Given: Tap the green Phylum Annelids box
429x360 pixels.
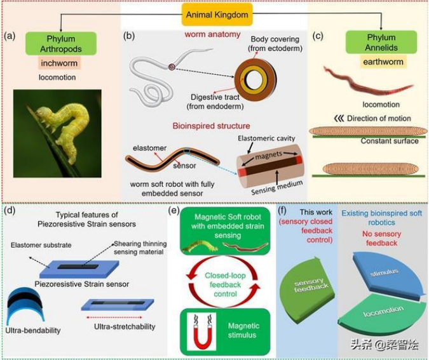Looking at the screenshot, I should [380, 43].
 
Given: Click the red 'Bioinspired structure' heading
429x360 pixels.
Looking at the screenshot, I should [215, 126].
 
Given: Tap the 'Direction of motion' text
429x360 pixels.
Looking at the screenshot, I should [381, 119].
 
